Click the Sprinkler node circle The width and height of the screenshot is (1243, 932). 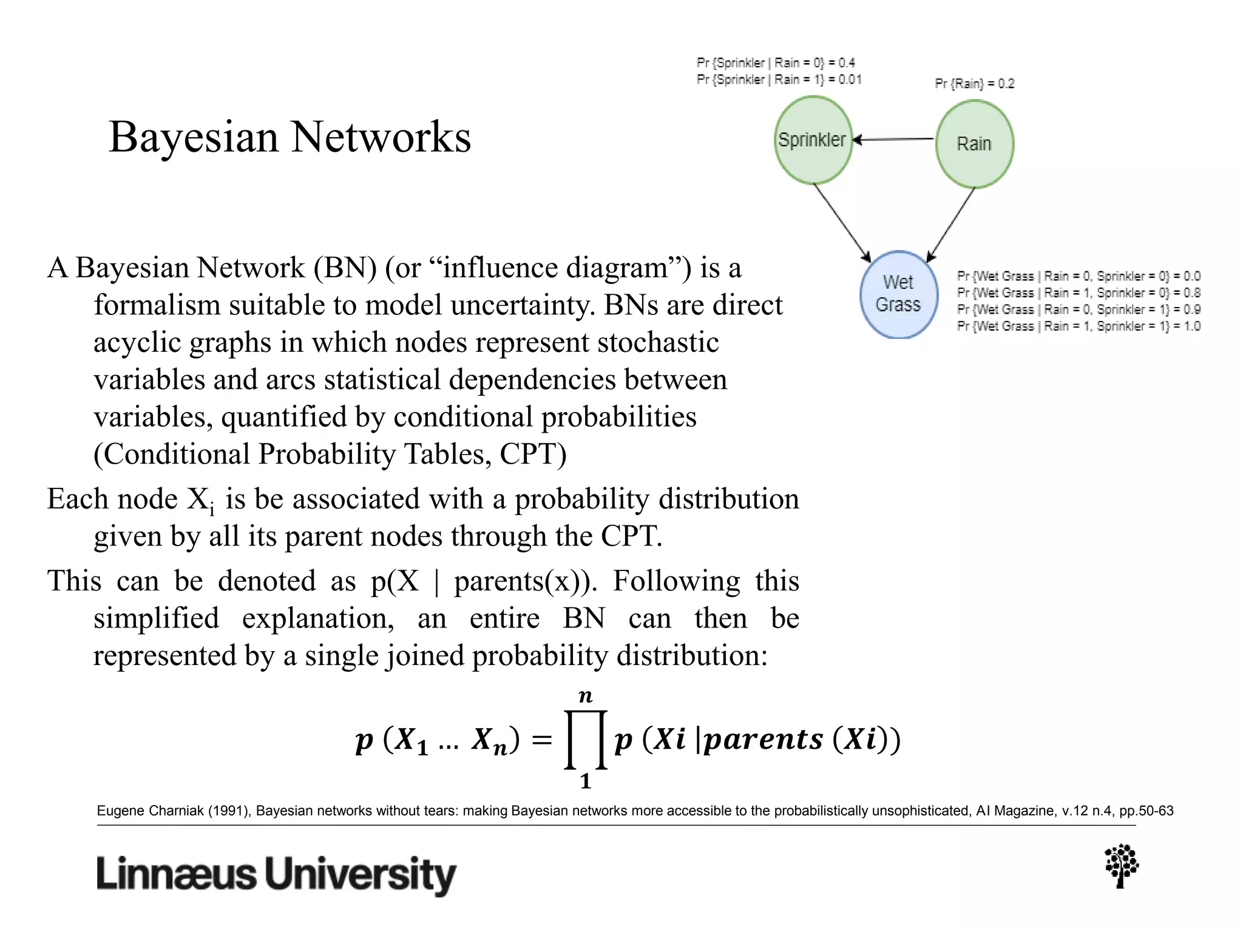[x=813, y=140]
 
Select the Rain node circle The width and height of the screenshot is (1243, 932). [x=974, y=144]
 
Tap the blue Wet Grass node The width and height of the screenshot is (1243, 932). [x=898, y=294]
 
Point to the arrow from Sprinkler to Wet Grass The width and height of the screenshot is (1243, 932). [x=842, y=222]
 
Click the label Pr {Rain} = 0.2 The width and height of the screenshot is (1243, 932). [x=974, y=84]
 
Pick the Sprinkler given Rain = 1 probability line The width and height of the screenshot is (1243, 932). [x=779, y=79]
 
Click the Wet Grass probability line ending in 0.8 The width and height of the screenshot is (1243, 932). [x=1078, y=293]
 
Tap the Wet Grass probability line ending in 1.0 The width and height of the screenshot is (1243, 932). [x=1078, y=326]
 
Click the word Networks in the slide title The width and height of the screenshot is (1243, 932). [x=381, y=137]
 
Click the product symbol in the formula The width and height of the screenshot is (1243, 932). [x=585, y=739]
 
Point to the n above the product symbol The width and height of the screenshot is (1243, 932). [x=585, y=696]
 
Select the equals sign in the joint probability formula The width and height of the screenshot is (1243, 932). [x=541, y=740]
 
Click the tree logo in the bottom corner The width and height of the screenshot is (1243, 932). [x=1121, y=866]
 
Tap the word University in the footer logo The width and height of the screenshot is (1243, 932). [x=361, y=875]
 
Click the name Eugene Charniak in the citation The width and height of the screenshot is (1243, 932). [x=150, y=811]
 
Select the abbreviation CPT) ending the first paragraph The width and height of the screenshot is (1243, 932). [x=533, y=454]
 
